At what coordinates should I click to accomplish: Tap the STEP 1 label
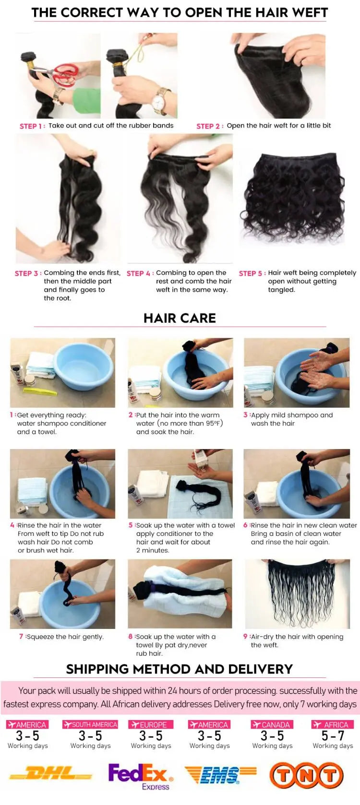point(32,126)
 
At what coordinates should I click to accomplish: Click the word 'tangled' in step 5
point(281,290)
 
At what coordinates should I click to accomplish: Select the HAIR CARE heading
point(180,318)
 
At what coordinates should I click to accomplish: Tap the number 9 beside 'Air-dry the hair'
point(245,637)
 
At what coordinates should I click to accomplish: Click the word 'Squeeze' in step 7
point(40,637)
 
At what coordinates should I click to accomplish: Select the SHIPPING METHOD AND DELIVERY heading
point(180,669)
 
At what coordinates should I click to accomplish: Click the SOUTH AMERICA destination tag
point(90,724)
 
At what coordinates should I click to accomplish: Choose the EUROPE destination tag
point(150,724)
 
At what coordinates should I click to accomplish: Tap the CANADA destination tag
point(272,724)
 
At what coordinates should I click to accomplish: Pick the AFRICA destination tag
point(332,724)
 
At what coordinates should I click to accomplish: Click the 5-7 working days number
point(333,736)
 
